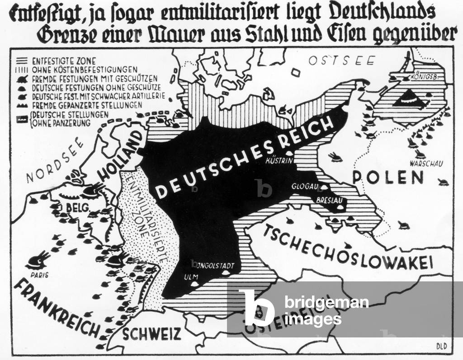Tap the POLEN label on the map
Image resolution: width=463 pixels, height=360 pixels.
388,177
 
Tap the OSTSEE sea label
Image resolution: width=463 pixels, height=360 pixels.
336,61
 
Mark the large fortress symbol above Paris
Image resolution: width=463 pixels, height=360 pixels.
38,260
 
